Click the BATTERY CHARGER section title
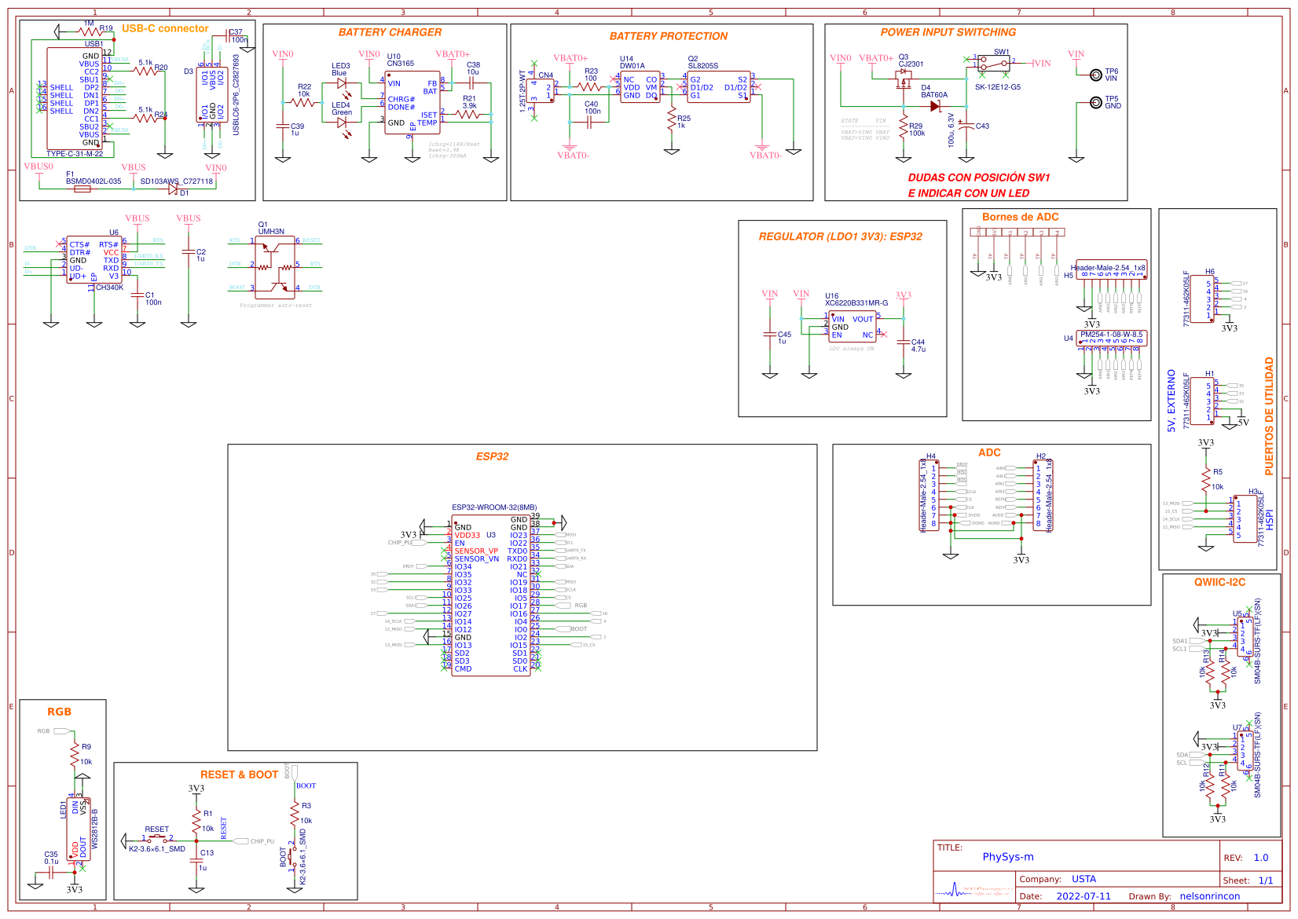390,32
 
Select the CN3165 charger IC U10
412,102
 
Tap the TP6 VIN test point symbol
1095,75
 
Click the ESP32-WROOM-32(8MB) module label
494,507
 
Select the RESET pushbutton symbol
157,838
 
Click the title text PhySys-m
1007,857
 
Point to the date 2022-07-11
1083,896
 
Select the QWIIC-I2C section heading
1219,582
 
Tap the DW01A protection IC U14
640,86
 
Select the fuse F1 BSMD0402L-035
82,189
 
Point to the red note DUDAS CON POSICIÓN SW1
979,178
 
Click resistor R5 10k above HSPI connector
1206,478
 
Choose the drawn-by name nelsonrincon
1209,896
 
